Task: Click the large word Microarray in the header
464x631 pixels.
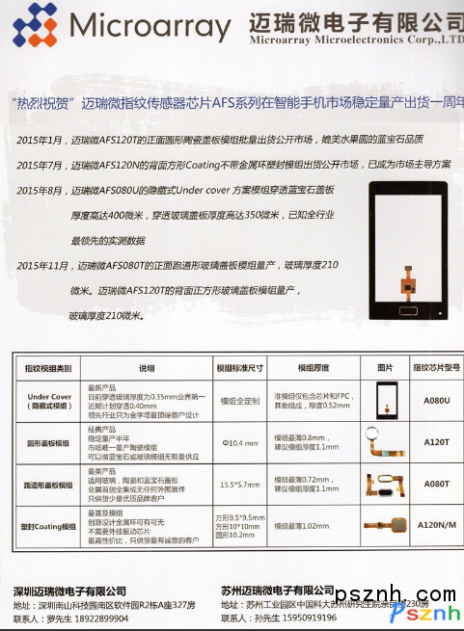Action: click(x=150, y=27)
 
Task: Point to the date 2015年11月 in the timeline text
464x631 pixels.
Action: click(x=44, y=265)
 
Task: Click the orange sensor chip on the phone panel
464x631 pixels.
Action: click(x=395, y=288)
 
